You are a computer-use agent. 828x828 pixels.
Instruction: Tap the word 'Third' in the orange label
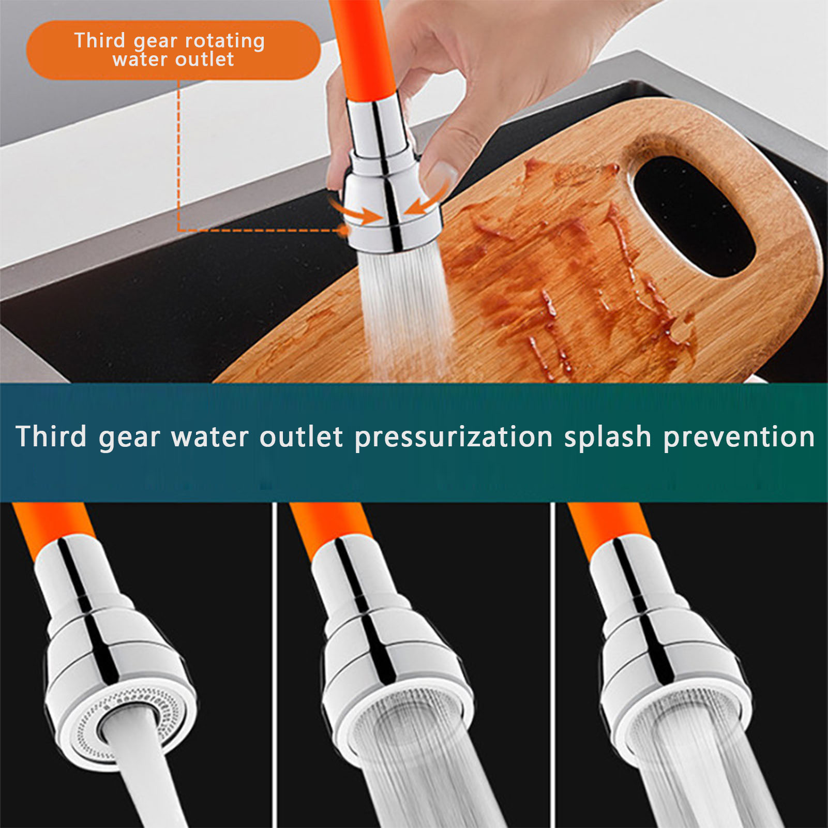click(x=100, y=40)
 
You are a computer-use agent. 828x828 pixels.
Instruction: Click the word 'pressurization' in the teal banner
click(x=454, y=438)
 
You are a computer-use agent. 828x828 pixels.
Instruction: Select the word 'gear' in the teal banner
click(x=129, y=439)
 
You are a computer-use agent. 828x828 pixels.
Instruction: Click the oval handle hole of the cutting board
click(x=693, y=215)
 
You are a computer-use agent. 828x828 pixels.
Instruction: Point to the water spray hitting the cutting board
click(x=406, y=310)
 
